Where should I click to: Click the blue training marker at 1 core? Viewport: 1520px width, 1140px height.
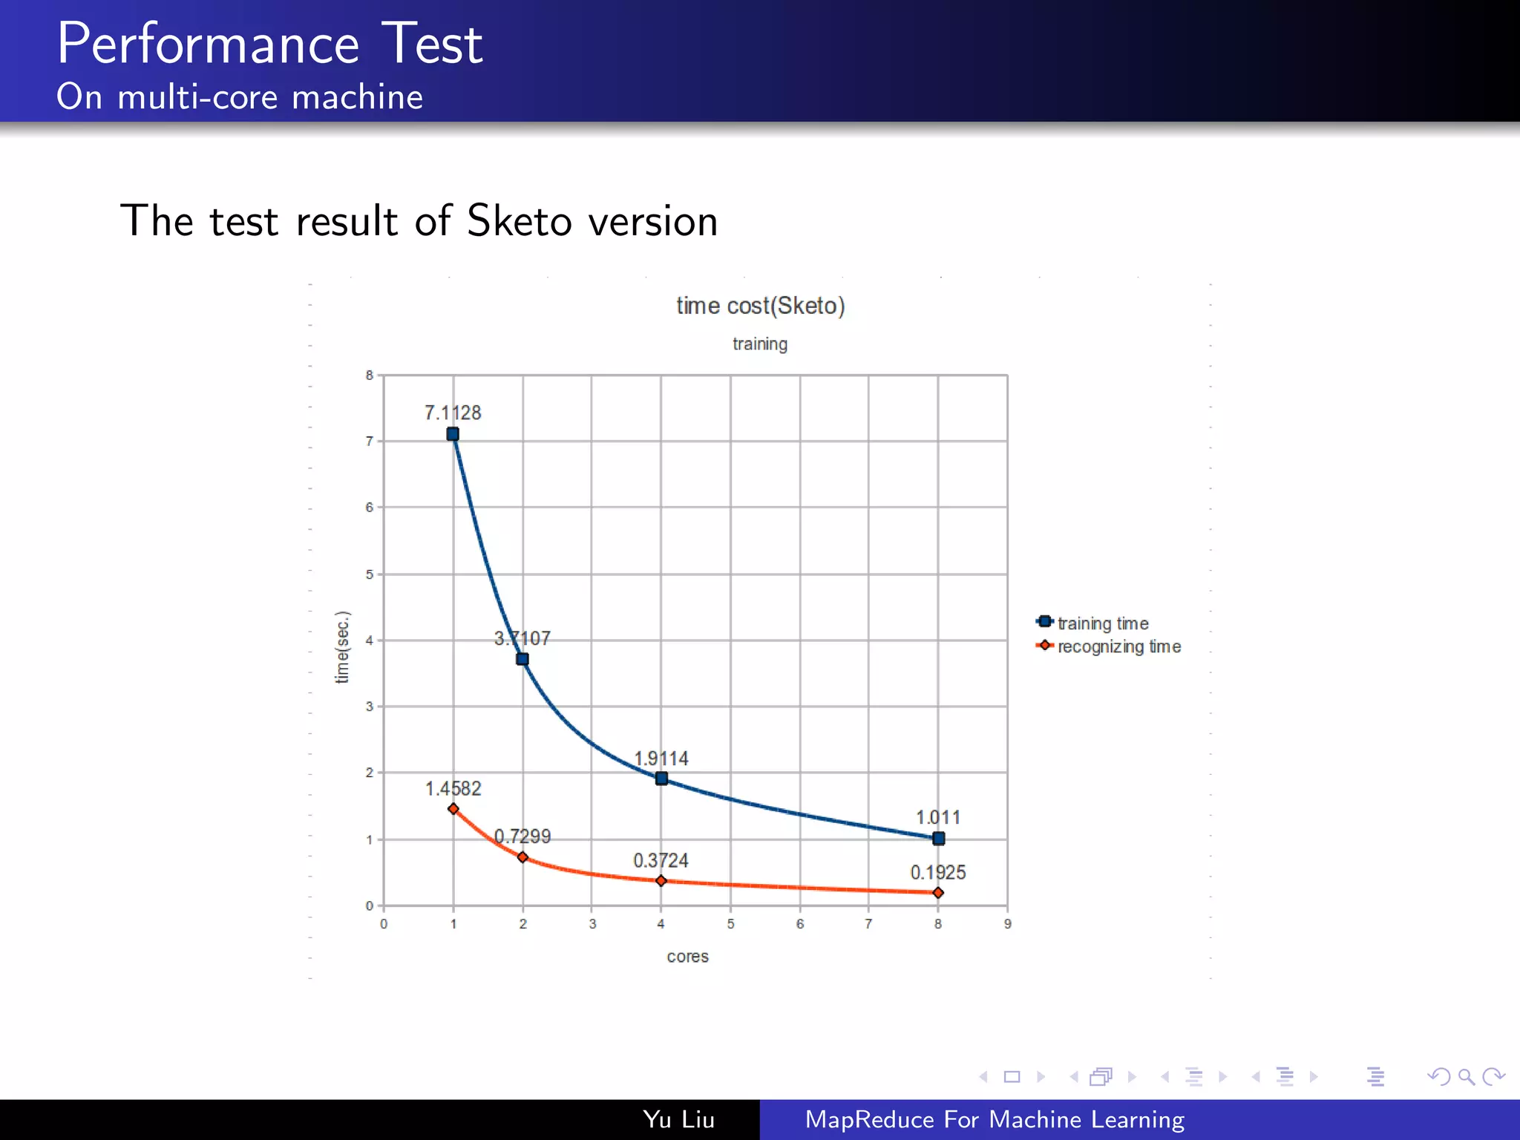[453, 434]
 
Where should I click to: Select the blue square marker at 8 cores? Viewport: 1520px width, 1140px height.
[938, 839]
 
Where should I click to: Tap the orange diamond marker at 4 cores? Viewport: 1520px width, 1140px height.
[661, 881]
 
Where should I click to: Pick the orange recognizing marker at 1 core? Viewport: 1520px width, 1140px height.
[453, 809]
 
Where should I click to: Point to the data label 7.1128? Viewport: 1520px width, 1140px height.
[453, 413]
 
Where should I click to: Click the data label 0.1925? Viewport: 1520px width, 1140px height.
[938, 873]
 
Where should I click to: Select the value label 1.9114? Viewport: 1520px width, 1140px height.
[661, 759]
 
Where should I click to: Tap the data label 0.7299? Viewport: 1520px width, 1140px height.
[522, 836]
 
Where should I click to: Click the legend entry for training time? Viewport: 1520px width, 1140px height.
[1102, 623]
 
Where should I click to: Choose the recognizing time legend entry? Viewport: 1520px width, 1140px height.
[1118, 646]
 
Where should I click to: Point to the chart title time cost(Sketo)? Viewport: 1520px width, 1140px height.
[760, 306]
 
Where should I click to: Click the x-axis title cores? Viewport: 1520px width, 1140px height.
[687, 957]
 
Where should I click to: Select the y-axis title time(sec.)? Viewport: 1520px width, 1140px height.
[342, 646]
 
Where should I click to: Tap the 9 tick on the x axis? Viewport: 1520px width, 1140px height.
[1007, 924]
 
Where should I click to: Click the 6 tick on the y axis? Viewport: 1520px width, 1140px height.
[369, 508]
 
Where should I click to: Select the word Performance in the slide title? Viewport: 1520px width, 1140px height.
[209, 44]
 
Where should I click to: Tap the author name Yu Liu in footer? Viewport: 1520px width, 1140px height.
[678, 1119]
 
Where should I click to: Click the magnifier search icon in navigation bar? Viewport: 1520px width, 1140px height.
[1466, 1076]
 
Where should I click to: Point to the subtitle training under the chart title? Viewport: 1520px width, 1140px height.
[760, 344]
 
